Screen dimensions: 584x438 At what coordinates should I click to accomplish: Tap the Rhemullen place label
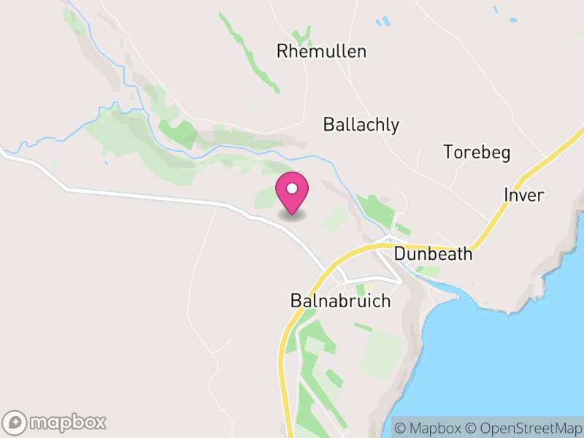[x=321, y=51]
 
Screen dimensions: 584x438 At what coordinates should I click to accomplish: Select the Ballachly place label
[x=361, y=125]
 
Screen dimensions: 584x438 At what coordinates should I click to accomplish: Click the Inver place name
[x=524, y=195]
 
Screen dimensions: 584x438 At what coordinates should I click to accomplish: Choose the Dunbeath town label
[x=433, y=255]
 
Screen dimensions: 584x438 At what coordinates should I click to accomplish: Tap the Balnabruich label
[x=340, y=301]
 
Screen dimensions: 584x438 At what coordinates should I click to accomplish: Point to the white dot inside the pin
[x=292, y=188]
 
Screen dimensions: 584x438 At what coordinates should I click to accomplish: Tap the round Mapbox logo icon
[x=16, y=422]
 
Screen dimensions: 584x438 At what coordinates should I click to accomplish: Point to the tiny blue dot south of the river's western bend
[x=107, y=161]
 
